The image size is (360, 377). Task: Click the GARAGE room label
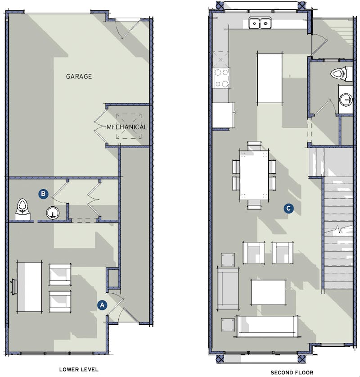point(79,77)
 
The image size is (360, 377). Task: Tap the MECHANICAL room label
point(127,127)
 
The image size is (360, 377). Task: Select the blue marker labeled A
point(102,305)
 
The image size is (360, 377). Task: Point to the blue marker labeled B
point(43,194)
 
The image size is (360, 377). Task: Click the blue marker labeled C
point(289,208)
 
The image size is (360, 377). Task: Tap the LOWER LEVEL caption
point(79,369)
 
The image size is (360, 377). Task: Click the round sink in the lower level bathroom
point(53,213)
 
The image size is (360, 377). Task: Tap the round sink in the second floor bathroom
point(346,99)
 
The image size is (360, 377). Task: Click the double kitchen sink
point(260,22)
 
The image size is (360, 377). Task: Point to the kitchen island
point(269,78)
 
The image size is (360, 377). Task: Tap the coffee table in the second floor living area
point(268,292)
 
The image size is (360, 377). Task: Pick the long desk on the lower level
point(29,286)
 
